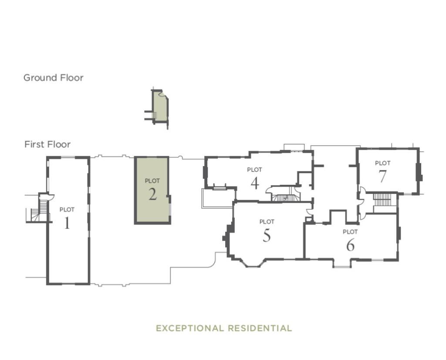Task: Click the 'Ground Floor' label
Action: (x=53, y=78)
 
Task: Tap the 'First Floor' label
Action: (x=47, y=144)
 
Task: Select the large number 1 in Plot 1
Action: (x=67, y=223)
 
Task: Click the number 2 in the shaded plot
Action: (x=152, y=194)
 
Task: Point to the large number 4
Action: (x=255, y=183)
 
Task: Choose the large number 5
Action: (x=267, y=235)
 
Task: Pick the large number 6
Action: (x=350, y=245)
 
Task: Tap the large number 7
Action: (x=382, y=177)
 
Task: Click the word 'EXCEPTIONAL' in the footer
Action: (x=190, y=328)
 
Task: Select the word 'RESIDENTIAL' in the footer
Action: (x=261, y=328)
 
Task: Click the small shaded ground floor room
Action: (x=160, y=108)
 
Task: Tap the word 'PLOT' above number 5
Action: (x=267, y=222)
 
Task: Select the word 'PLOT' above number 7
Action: (x=382, y=163)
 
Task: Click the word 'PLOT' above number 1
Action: (x=67, y=210)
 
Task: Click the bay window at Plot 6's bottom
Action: (x=342, y=263)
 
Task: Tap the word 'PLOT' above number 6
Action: (x=350, y=232)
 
